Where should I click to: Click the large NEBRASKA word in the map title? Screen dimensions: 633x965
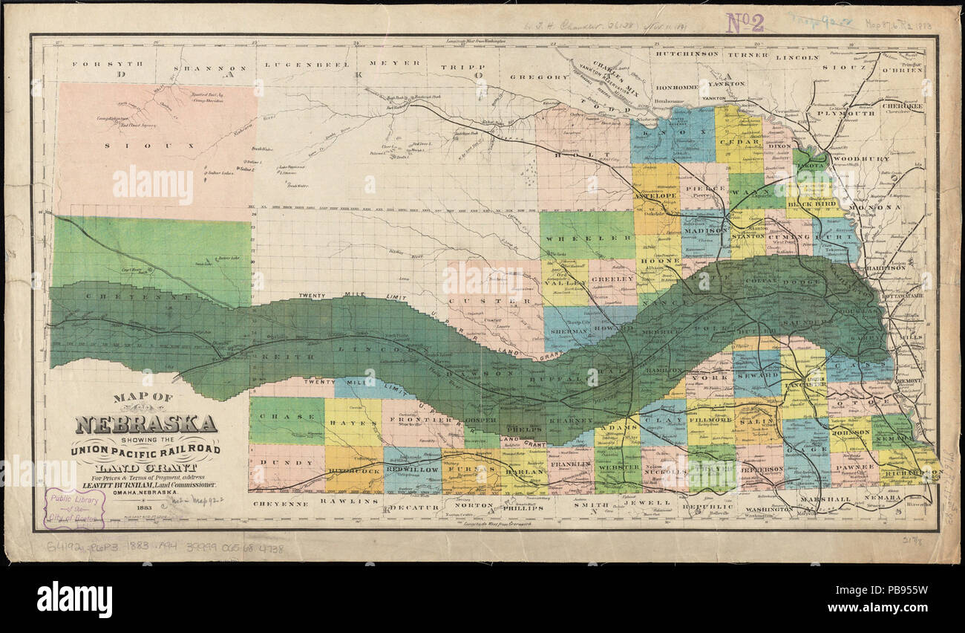[x=145, y=424]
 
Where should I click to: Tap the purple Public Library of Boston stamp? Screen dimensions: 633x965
[x=74, y=509]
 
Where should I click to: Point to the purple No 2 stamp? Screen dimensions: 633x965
[x=744, y=22]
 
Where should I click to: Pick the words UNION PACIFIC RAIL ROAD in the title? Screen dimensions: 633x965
[x=145, y=450]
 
